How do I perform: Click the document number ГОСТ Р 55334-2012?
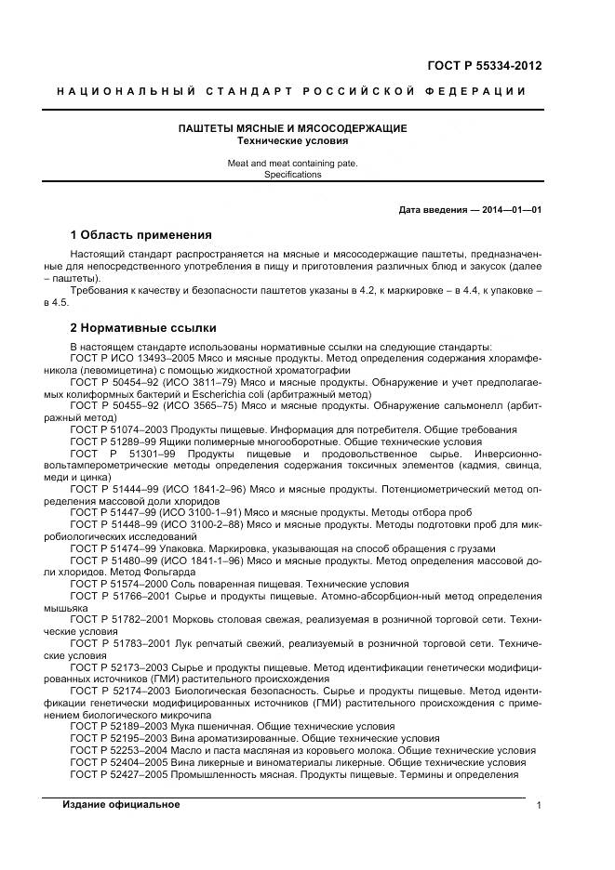coord(483,66)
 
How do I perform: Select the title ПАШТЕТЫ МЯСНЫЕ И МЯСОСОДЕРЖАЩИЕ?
coord(292,128)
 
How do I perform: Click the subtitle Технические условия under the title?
coord(292,141)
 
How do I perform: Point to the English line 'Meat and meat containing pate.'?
coord(292,163)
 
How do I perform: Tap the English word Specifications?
coord(292,174)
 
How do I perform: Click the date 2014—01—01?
coord(509,210)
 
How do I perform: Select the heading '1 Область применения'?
coord(140,234)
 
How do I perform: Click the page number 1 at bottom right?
coord(539,806)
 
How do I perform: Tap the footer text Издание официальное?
coord(121,804)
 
